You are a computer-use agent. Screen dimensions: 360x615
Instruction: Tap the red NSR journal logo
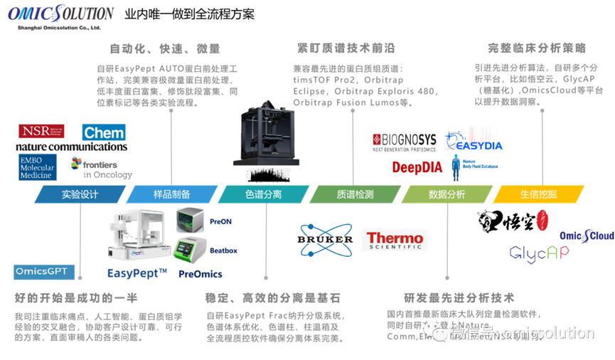[41, 132]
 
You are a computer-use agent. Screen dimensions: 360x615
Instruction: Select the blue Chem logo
[104, 132]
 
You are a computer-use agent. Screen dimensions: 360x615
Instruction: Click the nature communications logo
[72, 147]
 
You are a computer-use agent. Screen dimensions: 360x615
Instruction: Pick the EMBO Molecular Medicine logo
[38, 167]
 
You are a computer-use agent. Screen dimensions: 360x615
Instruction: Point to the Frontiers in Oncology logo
[102, 168]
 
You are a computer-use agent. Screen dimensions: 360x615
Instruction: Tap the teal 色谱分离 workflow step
[263, 194]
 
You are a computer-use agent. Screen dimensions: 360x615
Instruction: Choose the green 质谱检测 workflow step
[355, 194]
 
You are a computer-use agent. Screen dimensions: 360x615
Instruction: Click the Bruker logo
[326, 240]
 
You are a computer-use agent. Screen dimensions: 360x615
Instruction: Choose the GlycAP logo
[540, 255]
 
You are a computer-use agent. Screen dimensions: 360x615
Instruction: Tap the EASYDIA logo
[473, 141]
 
